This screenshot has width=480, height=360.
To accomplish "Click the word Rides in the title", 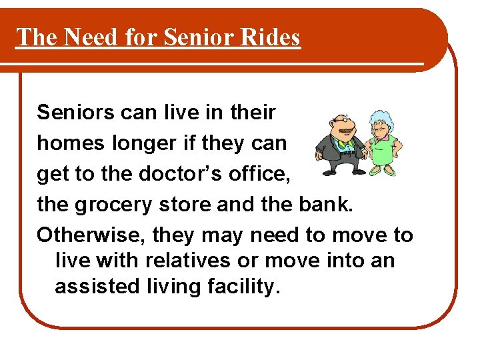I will pyautogui.click(x=271, y=37).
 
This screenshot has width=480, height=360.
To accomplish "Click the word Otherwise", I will pyautogui.click(x=92, y=235).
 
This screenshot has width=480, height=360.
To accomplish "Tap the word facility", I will pyautogui.click(x=243, y=286).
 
